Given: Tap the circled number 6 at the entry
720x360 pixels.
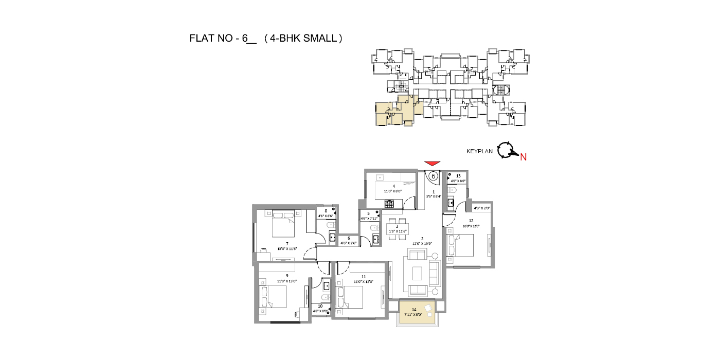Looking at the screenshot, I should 433,176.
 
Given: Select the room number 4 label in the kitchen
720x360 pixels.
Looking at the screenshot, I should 393,186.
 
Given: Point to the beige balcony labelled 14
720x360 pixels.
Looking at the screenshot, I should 417,313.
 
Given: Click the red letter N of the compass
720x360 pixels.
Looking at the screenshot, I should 523,157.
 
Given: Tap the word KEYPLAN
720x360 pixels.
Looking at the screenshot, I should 479,151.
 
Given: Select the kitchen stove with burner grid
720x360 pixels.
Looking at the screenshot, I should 389,204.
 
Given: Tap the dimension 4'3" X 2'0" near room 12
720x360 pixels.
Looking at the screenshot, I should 481,208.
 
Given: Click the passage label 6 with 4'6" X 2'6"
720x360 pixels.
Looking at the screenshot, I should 349,240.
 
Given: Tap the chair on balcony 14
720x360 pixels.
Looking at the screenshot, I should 428,308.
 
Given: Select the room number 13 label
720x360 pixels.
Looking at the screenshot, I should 458,176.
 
